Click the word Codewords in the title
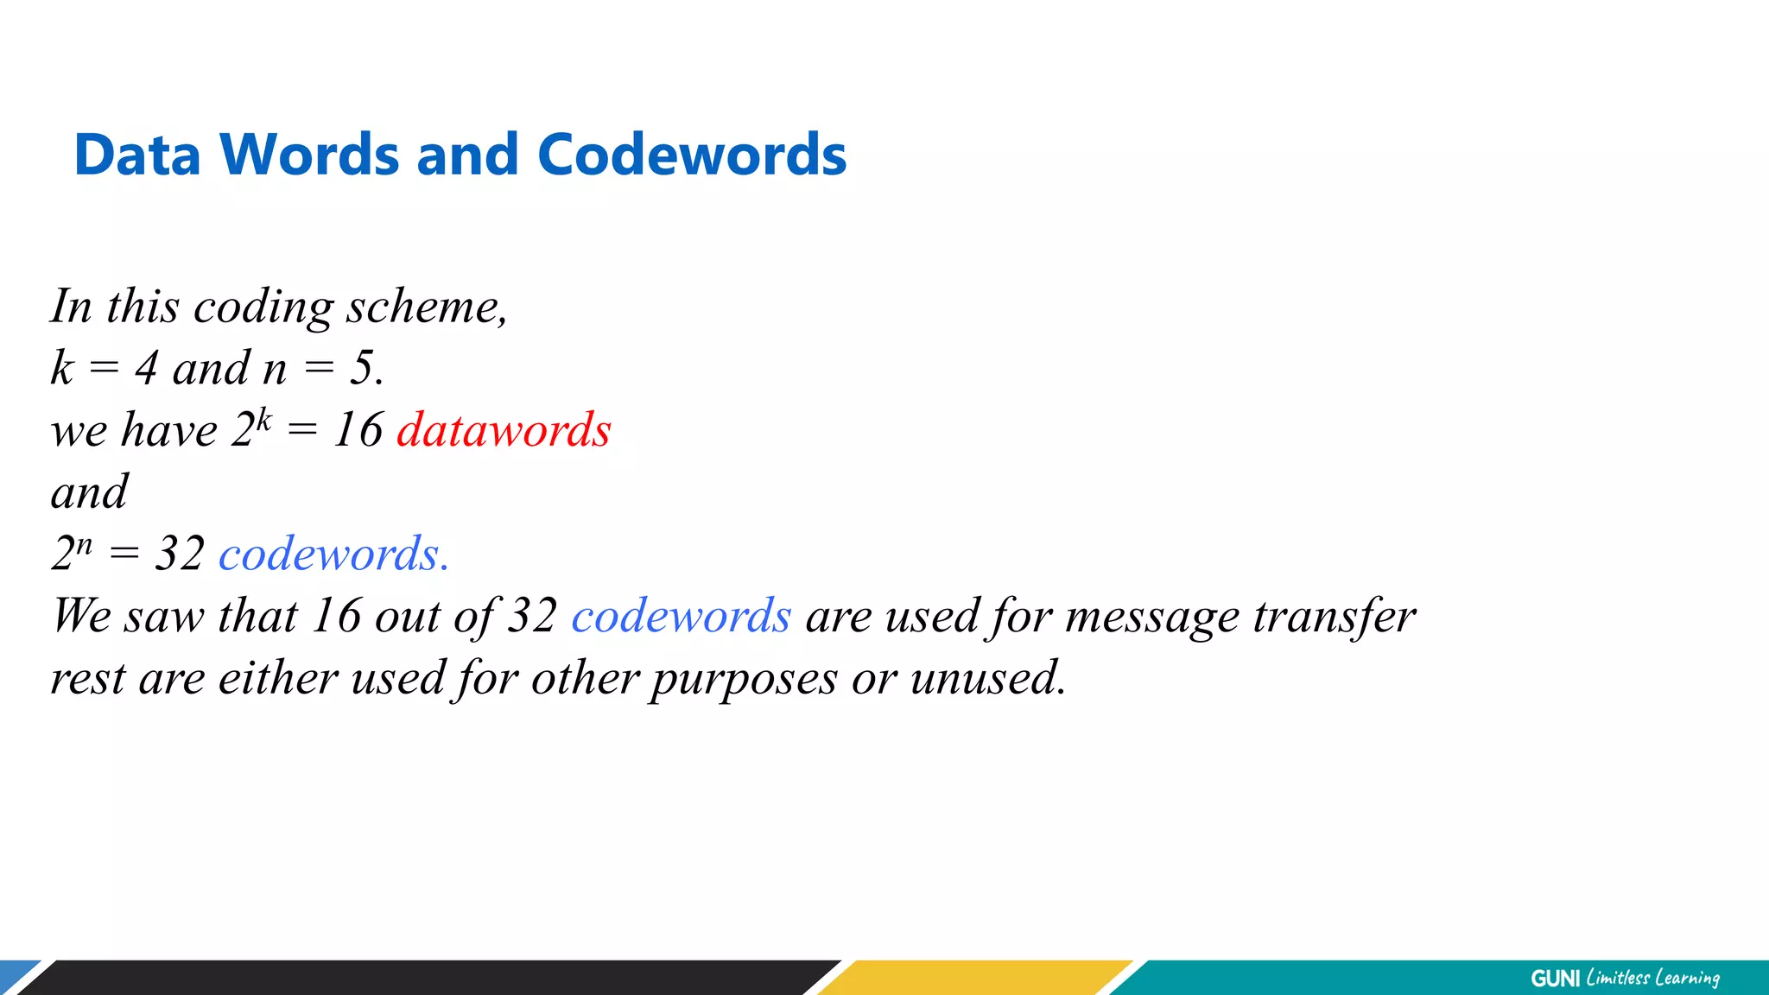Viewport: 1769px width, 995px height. point(691,155)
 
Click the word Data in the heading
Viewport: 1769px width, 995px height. point(137,155)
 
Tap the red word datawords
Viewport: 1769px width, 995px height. point(504,430)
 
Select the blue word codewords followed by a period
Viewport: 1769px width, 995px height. point(333,554)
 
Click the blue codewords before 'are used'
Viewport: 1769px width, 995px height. point(681,616)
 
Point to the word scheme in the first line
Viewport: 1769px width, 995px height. point(427,307)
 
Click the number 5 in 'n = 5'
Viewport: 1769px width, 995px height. point(362,368)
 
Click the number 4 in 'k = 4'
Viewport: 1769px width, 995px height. point(146,368)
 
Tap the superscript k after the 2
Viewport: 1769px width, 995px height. point(263,421)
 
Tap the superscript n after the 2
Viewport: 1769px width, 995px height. point(83,545)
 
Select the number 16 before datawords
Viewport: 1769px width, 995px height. point(358,430)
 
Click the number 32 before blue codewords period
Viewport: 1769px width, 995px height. point(180,554)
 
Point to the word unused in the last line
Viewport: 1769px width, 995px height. point(987,678)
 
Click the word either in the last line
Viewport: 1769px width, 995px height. point(278,678)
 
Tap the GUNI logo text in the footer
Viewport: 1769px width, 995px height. point(1555,978)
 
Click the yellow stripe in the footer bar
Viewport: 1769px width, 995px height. point(976,978)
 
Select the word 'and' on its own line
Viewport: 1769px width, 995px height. point(89,492)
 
